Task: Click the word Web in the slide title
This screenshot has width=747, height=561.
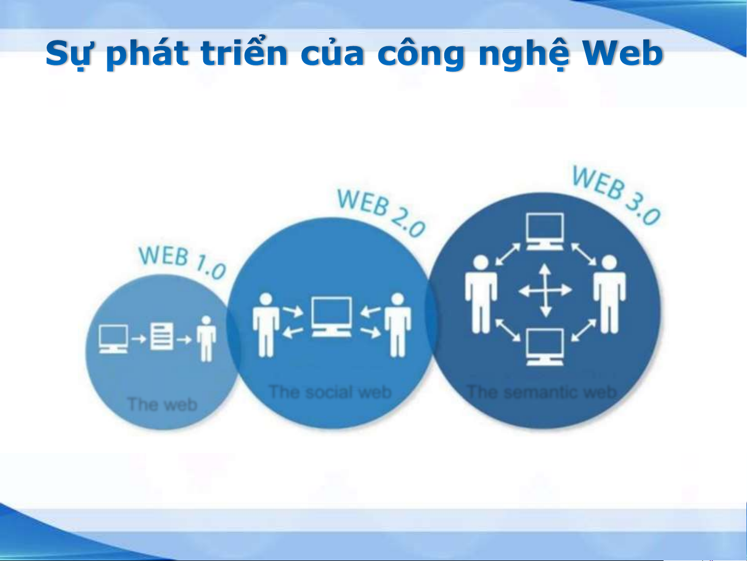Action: tap(623, 53)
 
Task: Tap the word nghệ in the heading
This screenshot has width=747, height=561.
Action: tap(525, 54)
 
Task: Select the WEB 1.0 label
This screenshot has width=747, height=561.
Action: tap(182, 262)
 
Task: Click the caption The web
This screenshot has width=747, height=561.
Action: tap(162, 404)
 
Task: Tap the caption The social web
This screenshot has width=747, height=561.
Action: tap(330, 392)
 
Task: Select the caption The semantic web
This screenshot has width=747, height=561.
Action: tap(541, 392)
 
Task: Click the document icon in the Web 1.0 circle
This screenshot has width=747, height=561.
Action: tap(162, 336)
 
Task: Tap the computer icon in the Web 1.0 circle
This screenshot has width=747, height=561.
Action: tap(114, 339)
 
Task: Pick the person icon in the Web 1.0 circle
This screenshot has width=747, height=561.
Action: tap(206, 338)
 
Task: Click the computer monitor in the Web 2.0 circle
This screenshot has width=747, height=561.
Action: tap(331, 317)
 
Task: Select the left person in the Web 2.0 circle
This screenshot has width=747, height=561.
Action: tap(266, 325)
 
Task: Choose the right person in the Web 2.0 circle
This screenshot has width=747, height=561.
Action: tap(398, 325)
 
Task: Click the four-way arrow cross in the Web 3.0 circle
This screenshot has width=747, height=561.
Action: tap(545, 290)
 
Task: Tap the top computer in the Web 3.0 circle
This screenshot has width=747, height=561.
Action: tap(545, 231)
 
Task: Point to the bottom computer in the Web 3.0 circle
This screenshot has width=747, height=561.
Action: tap(545, 347)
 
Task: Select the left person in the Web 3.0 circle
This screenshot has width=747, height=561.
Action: tap(481, 294)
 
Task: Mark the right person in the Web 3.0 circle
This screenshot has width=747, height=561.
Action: tap(609, 294)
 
